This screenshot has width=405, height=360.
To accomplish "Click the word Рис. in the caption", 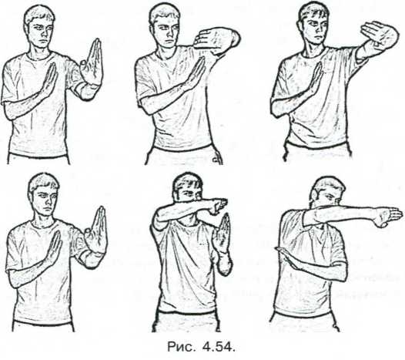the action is click(x=180, y=347).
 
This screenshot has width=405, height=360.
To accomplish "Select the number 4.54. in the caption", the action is click(x=219, y=347).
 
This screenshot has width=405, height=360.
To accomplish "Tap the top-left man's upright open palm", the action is click(x=92, y=62).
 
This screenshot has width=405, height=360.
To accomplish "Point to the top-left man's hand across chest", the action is click(x=50, y=79).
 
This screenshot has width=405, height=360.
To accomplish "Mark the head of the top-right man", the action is click(x=313, y=22).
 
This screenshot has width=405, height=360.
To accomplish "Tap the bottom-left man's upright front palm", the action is click(x=96, y=230).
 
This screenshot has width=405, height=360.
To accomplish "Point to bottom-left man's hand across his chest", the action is click(x=54, y=247).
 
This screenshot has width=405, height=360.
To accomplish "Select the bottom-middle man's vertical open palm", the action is click(x=222, y=234).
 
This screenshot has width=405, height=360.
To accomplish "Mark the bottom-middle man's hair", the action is click(x=188, y=182).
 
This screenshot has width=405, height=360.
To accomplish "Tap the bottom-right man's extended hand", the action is click(x=387, y=216).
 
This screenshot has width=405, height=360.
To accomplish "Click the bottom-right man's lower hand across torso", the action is click(x=286, y=257).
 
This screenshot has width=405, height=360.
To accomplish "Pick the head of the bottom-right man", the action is click(x=327, y=191).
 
